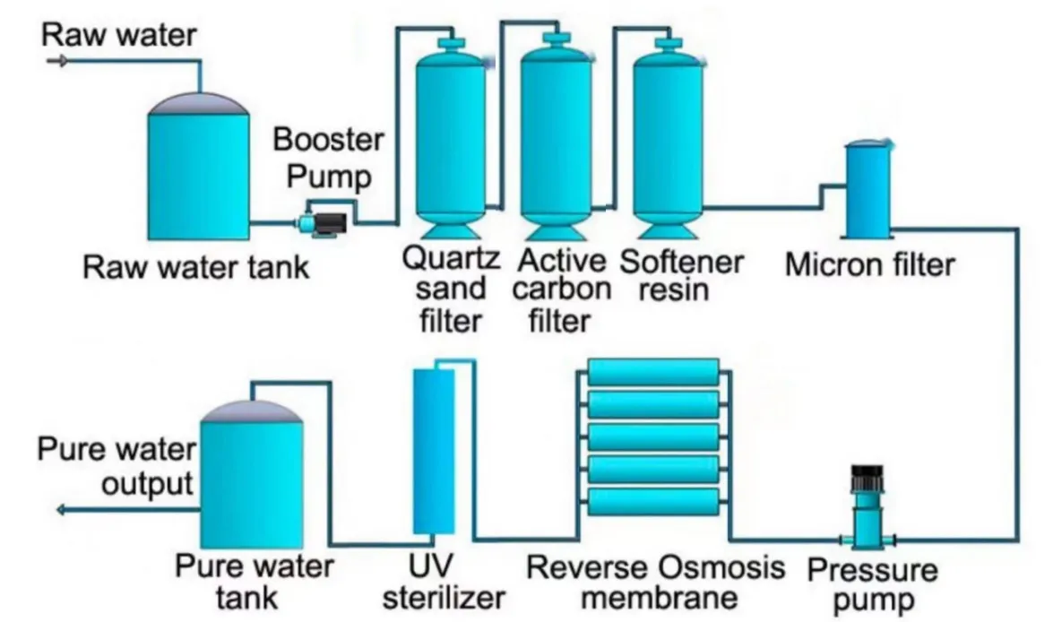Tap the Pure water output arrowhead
pos(62,510)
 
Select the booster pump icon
pos(318,219)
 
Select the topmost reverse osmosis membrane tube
pos(653,371)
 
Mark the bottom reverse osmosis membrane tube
pos(653,502)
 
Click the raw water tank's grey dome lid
pos(198,102)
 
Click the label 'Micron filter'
pos(869,263)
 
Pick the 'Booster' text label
pos(328,141)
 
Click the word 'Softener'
pos(682,262)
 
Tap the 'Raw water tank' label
pos(195,267)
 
